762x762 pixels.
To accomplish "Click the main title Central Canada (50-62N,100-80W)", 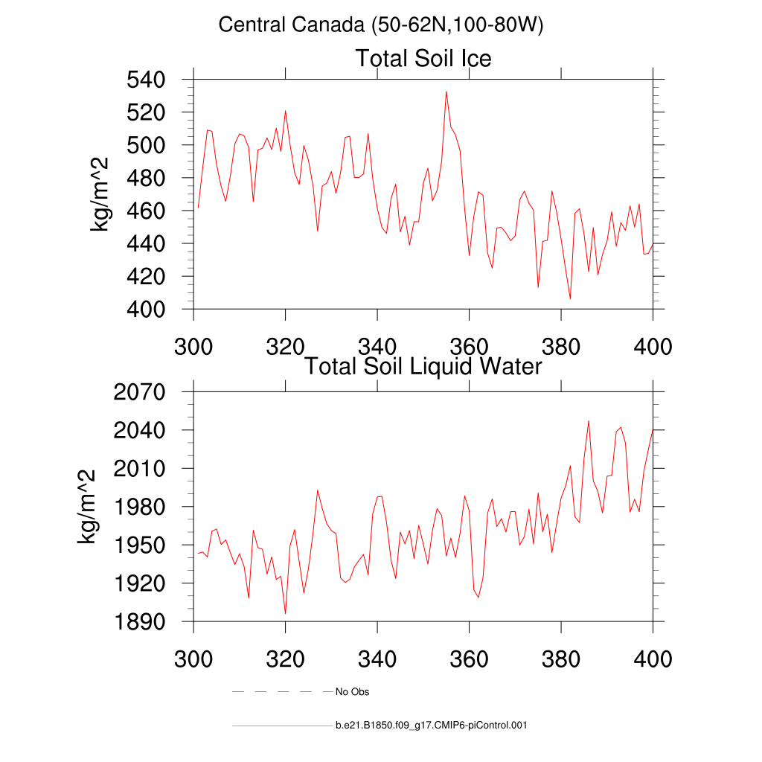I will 381,25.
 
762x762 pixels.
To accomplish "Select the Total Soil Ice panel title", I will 423,58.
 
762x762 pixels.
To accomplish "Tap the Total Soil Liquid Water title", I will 423,366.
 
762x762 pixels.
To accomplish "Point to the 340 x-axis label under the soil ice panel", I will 377,347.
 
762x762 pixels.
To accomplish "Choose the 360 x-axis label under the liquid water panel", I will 470,659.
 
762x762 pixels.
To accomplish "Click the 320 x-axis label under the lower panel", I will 286,659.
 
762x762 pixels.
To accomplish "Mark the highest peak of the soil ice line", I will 446,92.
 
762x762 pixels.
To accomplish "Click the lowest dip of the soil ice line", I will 570,298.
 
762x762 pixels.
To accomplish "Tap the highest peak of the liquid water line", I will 589,421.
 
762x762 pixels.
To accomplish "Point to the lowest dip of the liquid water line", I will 285,613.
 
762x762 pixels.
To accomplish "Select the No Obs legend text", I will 352,692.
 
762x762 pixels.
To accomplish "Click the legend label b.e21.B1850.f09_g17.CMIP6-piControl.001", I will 432,725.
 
